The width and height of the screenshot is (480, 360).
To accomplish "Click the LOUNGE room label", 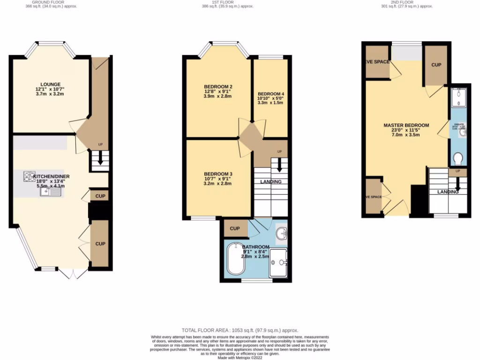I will (x=46, y=84).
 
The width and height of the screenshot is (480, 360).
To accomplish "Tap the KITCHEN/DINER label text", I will (x=45, y=172).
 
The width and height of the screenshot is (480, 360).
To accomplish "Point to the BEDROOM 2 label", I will (x=218, y=87).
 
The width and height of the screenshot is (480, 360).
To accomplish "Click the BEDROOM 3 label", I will (x=218, y=174).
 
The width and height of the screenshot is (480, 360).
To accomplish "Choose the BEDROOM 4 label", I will (x=271, y=94).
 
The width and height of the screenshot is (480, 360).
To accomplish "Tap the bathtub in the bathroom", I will (x=236, y=258).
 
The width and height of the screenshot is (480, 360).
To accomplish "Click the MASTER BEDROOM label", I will (x=406, y=125).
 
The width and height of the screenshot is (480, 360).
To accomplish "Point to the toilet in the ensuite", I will (x=457, y=158).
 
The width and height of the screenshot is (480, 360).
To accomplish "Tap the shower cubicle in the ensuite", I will (x=457, y=97).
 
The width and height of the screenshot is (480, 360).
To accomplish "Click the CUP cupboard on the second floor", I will (x=435, y=65).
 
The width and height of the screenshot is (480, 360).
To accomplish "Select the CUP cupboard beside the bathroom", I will (x=235, y=229).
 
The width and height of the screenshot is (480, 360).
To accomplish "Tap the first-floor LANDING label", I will (x=271, y=182).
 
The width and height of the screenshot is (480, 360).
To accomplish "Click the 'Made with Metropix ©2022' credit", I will (x=240, y=358).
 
